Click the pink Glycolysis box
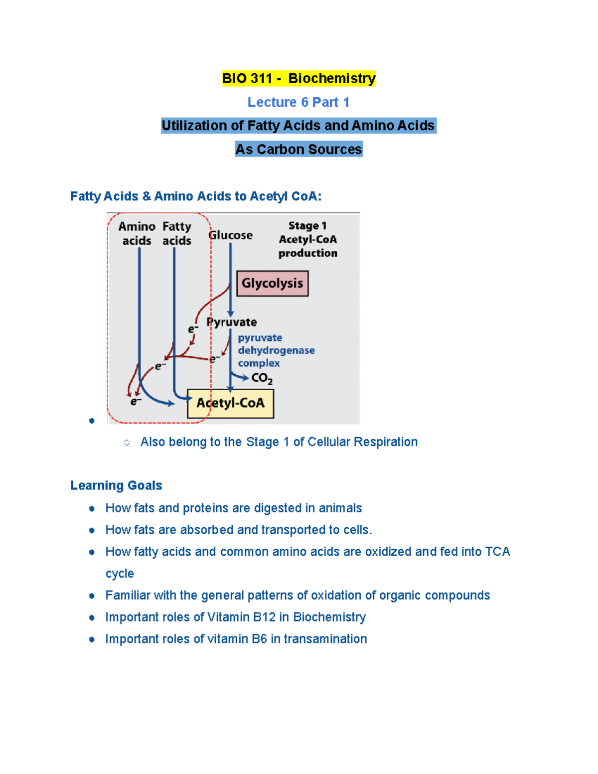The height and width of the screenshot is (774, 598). [272, 283]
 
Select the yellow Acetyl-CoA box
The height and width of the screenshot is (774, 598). [230, 403]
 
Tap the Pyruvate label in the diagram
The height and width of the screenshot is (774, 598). [232, 322]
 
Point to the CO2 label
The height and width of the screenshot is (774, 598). [262, 379]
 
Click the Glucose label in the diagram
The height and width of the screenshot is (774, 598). [230, 235]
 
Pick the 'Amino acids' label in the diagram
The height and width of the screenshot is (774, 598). [137, 233]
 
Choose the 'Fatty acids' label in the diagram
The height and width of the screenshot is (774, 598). [176, 233]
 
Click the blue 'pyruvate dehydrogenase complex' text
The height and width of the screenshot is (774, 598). [276, 350]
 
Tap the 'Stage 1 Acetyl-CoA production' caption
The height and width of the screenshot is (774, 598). [307, 239]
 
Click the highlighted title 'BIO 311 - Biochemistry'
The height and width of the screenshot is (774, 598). [299, 78]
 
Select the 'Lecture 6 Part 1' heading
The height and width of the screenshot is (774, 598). [299, 102]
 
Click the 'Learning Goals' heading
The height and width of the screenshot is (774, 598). [116, 485]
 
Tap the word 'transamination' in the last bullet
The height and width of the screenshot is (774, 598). [325, 639]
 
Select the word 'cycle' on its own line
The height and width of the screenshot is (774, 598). [120, 574]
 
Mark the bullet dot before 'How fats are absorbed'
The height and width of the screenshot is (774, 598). [92, 530]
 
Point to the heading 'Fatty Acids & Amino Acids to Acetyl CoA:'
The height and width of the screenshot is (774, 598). [196, 196]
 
